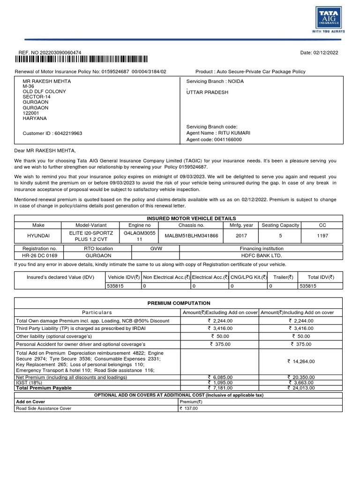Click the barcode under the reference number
[x=81, y=59]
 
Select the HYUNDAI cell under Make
[x=38, y=236]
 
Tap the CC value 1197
[x=322, y=236]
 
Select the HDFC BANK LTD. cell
[x=262, y=255]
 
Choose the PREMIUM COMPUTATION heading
[x=179, y=303]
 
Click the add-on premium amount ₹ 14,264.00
[x=301, y=361]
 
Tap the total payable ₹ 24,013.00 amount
[x=301, y=388]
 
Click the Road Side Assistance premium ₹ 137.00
[x=189, y=408]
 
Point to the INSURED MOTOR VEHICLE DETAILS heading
[x=191, y=218]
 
